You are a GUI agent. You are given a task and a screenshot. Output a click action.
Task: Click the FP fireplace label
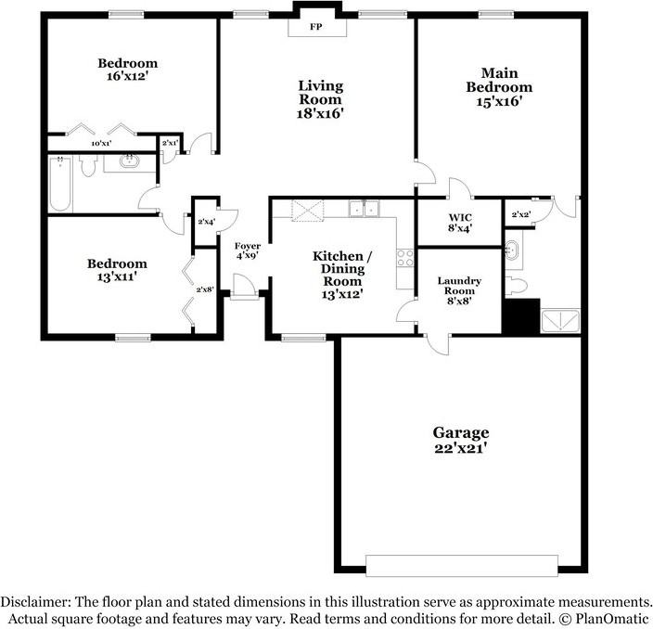pyautogui.click(x=316, y=27)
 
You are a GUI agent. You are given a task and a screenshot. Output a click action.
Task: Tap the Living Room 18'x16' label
pyautogui.click(x=320, y=99)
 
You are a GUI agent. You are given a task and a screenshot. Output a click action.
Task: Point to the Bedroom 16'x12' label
pyautogui.click(x=128, y=71)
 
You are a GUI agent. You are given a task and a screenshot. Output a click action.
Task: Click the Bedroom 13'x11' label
pyautogui.click(x=117, y=270)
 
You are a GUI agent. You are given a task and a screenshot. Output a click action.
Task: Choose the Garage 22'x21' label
pyautogui.click(x=460, y=440)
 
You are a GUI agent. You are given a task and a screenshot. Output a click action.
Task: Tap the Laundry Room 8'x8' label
pyautogui.click(x=458, y=290)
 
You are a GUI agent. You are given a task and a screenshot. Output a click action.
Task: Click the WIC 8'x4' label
pyautogui.click(x=459, y=223)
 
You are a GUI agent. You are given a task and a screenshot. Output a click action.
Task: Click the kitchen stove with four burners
pyautogui.click(x=405, y=257)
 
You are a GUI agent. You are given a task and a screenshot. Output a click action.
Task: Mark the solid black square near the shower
pyautogui.click(x=520, y=315)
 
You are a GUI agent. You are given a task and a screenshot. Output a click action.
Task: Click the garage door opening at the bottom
pyautogui.click(x=461, y=565)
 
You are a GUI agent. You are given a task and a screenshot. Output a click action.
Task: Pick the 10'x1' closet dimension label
pyautogui.click(x=101, y=144)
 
